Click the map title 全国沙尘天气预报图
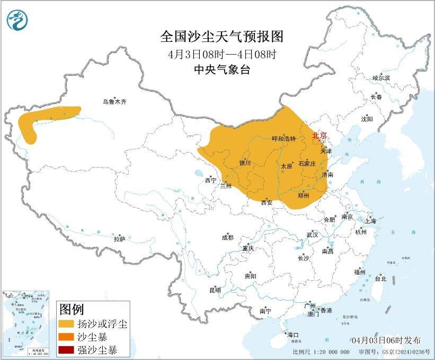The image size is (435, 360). (222, 37)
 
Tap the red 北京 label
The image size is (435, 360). (319, 136)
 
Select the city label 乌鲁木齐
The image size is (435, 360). (115, 102)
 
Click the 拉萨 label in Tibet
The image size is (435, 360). (119, 239)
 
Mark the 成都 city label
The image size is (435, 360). (228, 238)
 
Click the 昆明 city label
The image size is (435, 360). (215, 290)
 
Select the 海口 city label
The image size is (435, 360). (293, 335)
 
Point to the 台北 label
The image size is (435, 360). (380, 278)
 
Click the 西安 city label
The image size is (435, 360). (267, 203)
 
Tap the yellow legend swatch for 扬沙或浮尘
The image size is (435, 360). (68, 323)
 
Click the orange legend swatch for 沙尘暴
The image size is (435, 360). (68, 337)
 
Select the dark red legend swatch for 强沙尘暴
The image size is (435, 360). (68, 350)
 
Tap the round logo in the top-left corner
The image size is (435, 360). (17, 21)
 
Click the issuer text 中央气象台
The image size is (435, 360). (222, 69)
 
